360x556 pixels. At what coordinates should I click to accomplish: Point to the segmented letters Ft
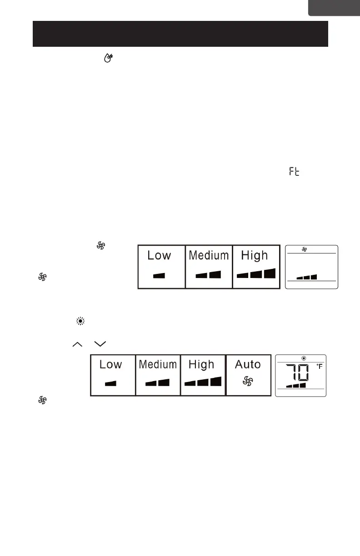[294, 172]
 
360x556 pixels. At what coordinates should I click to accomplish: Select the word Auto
[248, 364]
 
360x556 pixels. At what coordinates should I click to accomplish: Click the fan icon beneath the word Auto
[247, 382]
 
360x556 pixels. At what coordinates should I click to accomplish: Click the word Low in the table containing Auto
[110, 364]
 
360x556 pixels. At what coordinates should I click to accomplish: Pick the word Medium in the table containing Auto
[158, 364]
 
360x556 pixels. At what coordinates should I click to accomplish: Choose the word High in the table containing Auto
[201, 364]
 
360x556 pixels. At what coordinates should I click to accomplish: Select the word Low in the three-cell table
[159, 255]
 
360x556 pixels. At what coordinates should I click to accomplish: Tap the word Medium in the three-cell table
[209, 255]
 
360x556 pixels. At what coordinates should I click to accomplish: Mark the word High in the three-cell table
[255, 255]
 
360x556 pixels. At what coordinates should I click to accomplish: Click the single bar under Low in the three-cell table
[159, 275]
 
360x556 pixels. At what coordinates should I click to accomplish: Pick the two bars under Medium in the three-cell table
[208, 274]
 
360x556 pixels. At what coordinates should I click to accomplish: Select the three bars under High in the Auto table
[203, 382]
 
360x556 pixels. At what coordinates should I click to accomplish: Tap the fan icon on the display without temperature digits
[305, 249]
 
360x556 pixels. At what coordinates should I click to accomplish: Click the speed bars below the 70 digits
[296, 385]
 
